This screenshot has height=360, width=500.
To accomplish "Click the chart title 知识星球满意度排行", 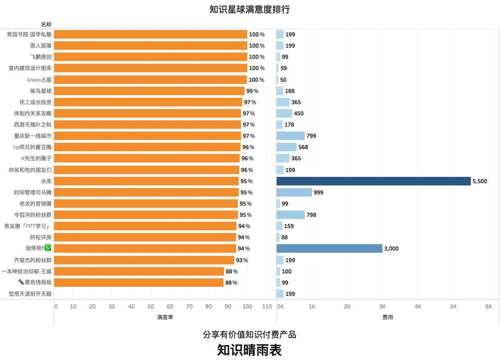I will [x=249, y=9].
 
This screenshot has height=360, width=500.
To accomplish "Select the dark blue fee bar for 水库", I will [x=373, y=181].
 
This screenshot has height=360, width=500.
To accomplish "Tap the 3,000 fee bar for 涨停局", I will [x=329, y=249].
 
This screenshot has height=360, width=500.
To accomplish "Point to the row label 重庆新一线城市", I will [x=29, y=136].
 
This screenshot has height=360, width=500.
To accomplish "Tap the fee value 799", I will [x=311, y=136].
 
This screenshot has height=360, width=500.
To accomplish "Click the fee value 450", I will [x=299, y=113].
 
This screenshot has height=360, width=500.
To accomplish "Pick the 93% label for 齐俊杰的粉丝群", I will [x=242, y=260].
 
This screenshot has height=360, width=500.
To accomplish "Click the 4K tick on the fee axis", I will [x=418, y=306].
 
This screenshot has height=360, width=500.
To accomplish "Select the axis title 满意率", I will [x=164, y=317].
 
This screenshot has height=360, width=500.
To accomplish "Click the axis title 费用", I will [x=387, y=317].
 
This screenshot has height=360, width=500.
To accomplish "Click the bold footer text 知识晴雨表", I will [x=249, y=350].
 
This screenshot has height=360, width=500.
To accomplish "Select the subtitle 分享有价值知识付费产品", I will [x=249, y=334].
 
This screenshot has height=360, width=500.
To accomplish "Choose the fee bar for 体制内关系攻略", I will [x=284, y=113].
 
